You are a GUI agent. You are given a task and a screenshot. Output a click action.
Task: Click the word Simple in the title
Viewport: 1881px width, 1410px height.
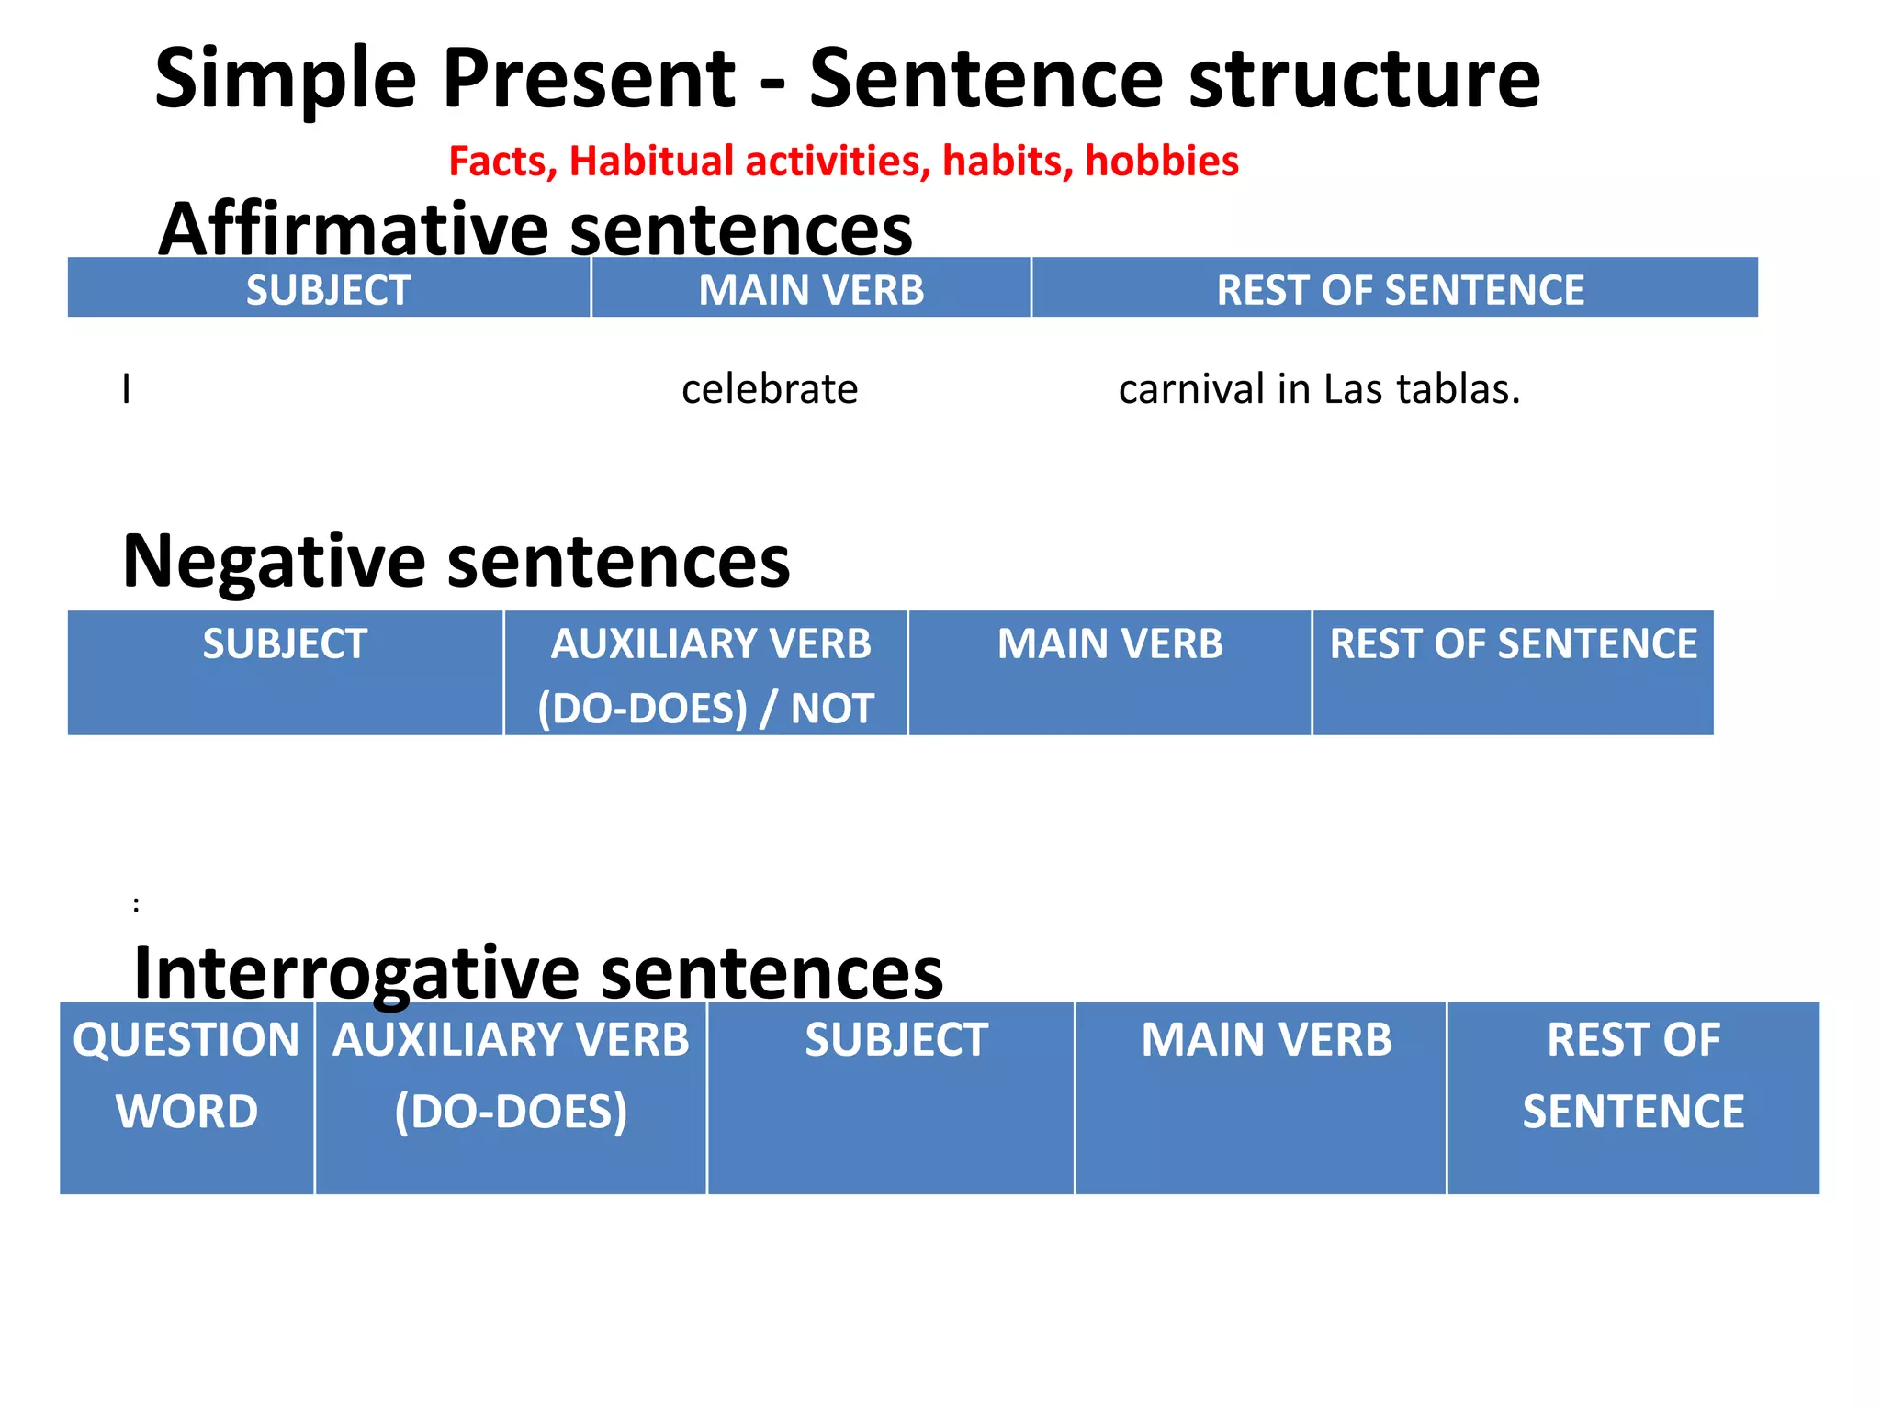pos(286,81)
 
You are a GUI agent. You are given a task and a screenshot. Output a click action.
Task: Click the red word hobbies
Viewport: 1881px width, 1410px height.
pos(1162,162)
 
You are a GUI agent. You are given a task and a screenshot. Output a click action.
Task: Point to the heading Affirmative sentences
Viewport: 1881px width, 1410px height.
pos(535,229)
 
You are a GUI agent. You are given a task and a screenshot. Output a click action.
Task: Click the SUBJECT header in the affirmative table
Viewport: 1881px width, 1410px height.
pos(328,290)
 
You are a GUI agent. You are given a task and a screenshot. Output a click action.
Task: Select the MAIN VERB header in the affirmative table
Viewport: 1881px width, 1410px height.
pos(811,290)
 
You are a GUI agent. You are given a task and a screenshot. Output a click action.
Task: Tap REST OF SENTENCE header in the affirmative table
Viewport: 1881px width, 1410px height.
pos(1400,290)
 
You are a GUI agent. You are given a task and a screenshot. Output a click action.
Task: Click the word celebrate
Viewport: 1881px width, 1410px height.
pos(770,389)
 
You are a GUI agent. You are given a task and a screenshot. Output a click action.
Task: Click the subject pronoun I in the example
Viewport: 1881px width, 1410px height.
pos(127,389)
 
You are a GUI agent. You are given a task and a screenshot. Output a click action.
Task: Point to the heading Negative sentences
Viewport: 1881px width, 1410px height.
pos(456,561)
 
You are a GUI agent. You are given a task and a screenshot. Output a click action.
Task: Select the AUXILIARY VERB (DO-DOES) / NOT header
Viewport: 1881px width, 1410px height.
pos(706,675)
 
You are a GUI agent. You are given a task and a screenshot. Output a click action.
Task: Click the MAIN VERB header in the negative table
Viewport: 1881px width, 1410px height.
pos(1110,644)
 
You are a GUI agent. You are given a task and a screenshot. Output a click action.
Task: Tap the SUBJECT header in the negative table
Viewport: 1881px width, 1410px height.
pos(285,644)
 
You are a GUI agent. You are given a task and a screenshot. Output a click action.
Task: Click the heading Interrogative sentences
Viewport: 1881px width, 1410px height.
pos(538,973)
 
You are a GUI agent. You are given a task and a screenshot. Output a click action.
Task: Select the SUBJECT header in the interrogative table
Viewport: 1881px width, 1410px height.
pos(895,1040)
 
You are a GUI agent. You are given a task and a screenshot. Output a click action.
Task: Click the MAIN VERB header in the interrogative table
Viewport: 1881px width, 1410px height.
pos(1267,1040)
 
